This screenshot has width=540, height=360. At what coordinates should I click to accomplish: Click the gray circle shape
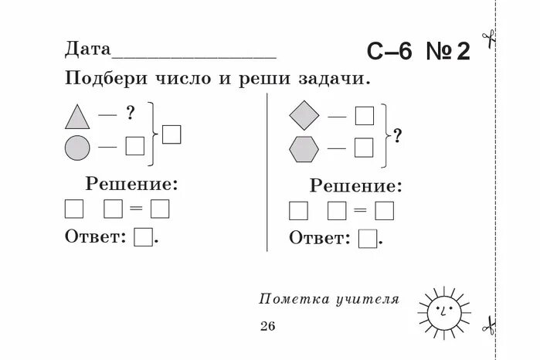(x=77, y=147)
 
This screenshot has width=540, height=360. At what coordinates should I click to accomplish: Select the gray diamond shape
(x=304, y=116)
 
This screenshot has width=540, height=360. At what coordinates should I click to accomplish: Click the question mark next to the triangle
(x=131, y=114)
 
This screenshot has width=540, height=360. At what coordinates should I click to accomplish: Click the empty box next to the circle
(x=135, y=145)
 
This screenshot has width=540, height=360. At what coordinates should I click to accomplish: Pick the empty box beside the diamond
(x=364, y=116)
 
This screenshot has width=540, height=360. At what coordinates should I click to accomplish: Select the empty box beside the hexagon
(x=364, y=146)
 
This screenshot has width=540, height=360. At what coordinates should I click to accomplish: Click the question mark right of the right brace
(x=397, y=136)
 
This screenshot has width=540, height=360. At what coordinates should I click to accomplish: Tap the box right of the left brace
(x=172, y=134)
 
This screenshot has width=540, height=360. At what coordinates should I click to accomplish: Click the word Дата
(x=89, y=50)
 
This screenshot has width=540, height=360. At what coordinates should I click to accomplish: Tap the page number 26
(x=267, y=325)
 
